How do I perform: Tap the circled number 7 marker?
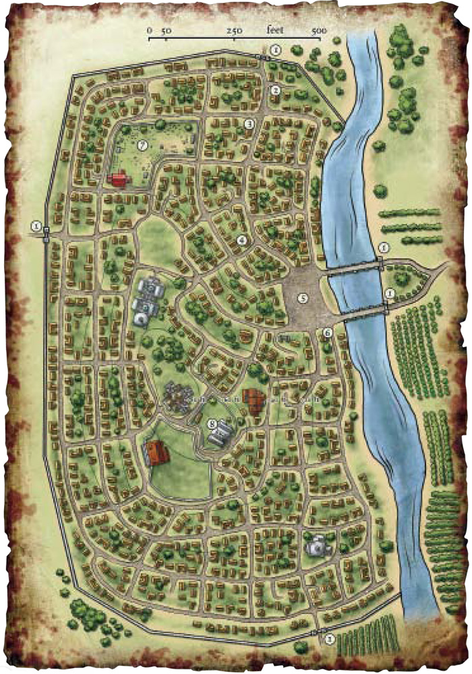point(142,145)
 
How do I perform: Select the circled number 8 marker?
point(213,424)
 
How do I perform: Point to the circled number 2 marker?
point(275,90)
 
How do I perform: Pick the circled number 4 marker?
point(241,240)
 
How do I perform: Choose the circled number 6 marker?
point(328,332)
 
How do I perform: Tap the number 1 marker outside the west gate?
point(36,225)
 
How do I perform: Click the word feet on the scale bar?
point(276,30)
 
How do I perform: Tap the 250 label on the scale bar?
point(235,30)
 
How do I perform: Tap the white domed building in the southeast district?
point(316,546)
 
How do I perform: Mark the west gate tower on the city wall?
point(46,235)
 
